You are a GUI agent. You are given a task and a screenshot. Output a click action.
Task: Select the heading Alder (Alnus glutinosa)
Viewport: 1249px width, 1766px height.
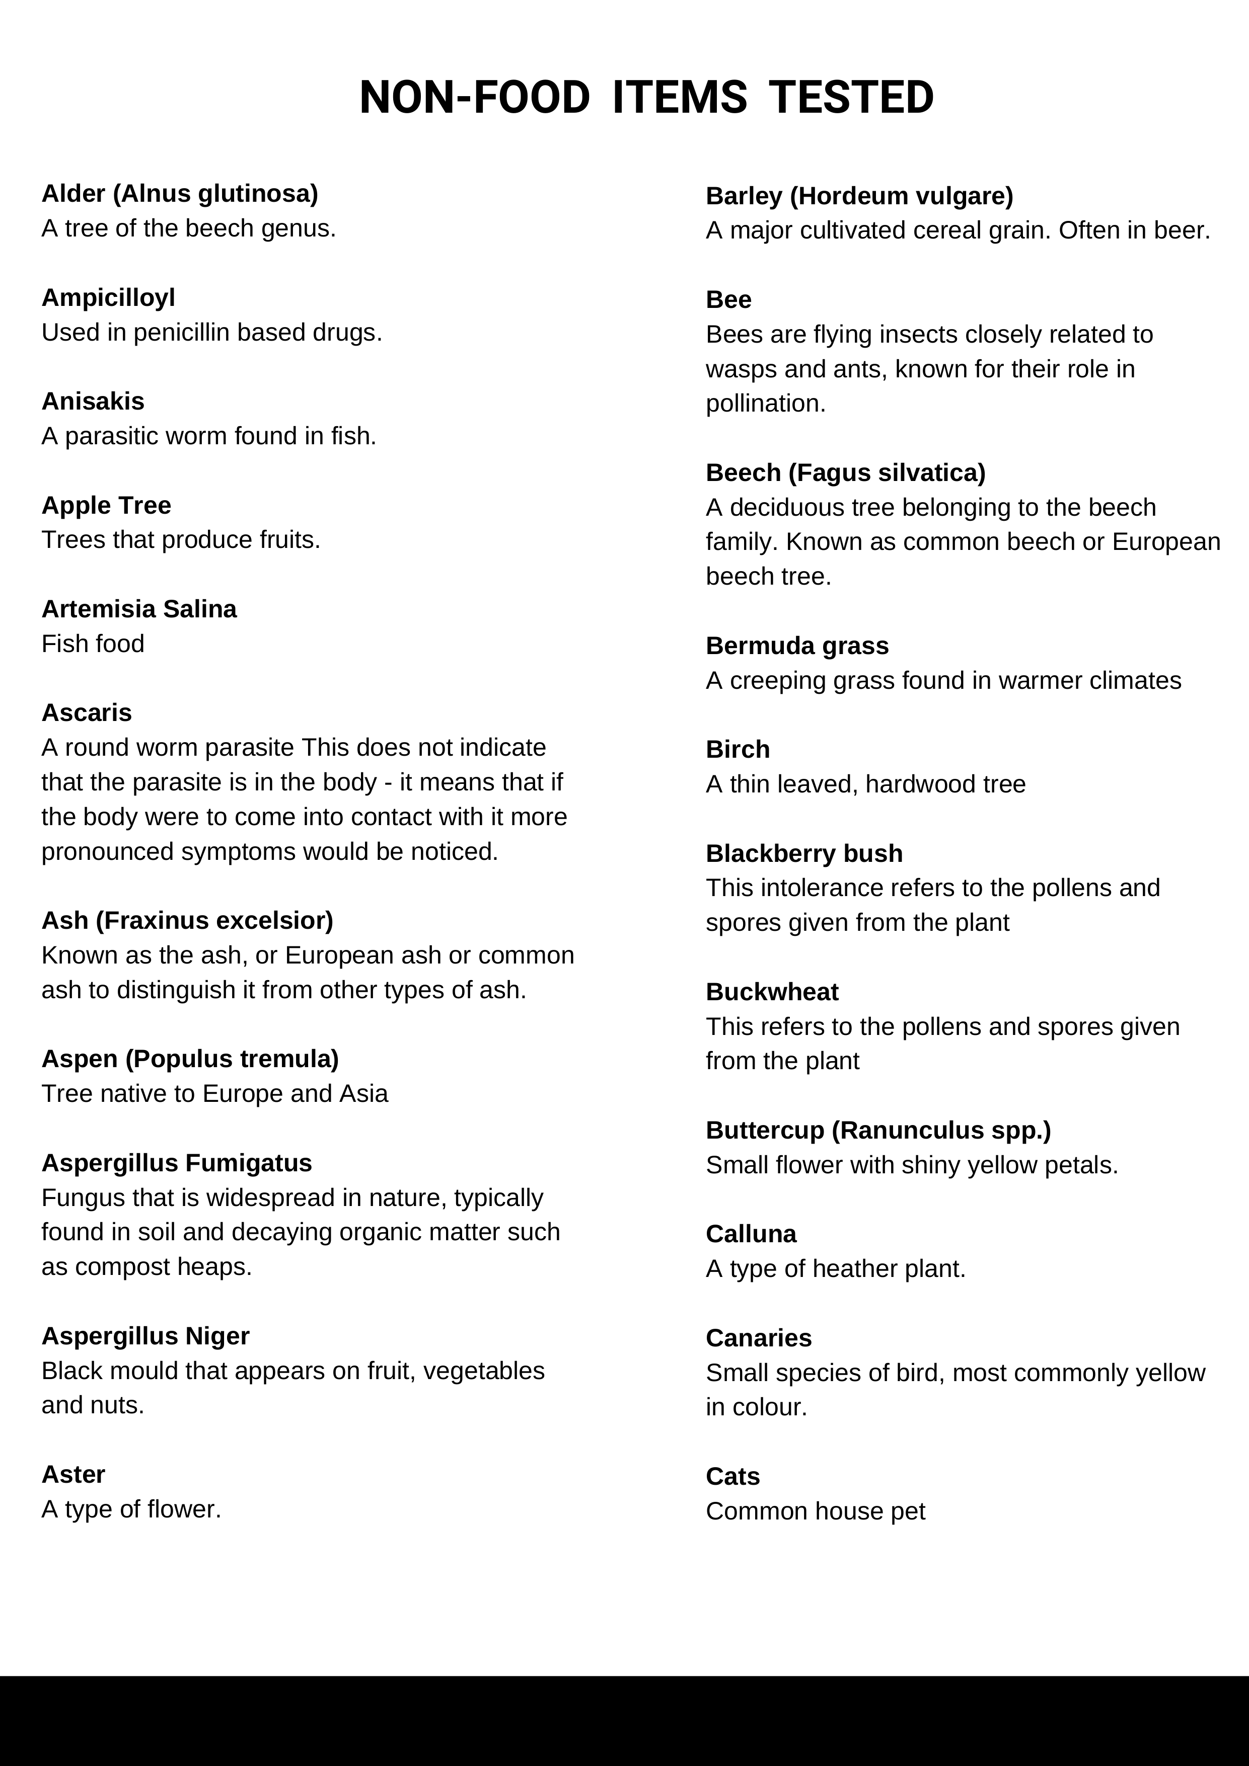[x=179, y=194]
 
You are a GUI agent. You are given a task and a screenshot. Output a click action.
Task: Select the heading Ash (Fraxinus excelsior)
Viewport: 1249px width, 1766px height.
[x=187, y=921]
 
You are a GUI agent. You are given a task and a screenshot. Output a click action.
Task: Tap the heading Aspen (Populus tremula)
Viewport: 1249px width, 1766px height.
[x=190, y=1059]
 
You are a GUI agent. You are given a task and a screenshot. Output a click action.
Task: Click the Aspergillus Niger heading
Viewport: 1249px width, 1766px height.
[x=145, y=1336]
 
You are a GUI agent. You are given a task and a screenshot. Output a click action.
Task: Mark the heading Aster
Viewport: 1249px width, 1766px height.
[x=73, y=1475]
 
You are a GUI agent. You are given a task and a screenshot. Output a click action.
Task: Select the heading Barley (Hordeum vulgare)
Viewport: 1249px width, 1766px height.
[x=859, y=196]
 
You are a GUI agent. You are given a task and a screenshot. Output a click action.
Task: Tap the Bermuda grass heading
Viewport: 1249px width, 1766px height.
[x=796, y=646]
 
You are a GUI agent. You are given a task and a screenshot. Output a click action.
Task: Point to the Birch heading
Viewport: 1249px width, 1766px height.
[x=737, y=750]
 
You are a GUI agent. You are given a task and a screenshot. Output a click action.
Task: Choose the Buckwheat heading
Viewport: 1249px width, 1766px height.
[x=772, y=992]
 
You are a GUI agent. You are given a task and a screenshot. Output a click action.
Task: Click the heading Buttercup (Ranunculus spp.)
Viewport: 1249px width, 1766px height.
[x=878, y=1131]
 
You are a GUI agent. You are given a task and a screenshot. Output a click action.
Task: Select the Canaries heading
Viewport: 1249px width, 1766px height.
[x=758, y=1338]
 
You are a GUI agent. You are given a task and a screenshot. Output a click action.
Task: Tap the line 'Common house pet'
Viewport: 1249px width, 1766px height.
[x=815, y=1511]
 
